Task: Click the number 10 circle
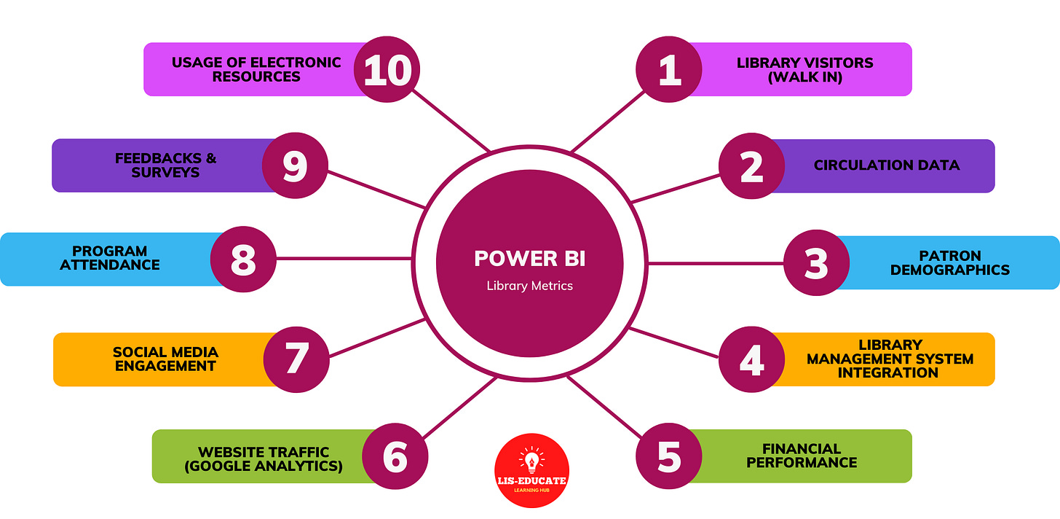pos(387,71)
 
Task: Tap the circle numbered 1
pos(669,71)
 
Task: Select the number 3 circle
pos(816,263)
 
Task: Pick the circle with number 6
pos(395,456)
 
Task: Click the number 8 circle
pos(243,258)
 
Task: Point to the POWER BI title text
pos(529,258)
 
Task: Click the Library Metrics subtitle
pos(529,286)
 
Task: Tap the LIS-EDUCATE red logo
pos(531,470)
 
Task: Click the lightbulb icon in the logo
pos(531,460)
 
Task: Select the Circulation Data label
pos(886,165)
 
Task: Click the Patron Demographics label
pos(949,263)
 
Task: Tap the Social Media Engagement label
pos(165,359)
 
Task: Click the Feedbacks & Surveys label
pos(165,165)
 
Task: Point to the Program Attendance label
pos(110,258)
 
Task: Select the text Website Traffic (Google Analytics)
pos(264,458)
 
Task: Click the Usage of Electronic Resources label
pos(256,69)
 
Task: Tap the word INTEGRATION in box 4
pos(887,372)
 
